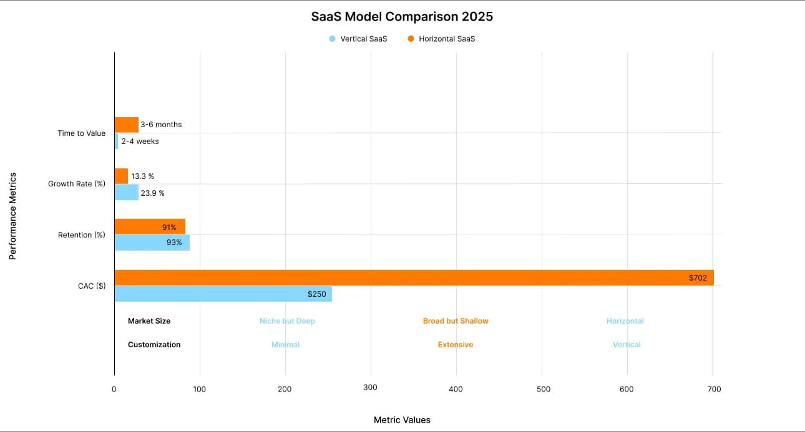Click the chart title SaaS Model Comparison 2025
402,17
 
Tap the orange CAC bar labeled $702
413,278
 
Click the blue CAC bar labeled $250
223,294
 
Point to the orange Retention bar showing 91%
150,227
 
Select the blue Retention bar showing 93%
152,242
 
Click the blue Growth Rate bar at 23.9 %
126,193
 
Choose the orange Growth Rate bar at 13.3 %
121,176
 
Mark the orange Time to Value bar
126,125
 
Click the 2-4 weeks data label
140,142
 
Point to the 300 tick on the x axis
371,388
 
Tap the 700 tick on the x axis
715,389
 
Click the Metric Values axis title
402,420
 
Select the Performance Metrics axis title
12,216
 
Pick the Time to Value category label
81,133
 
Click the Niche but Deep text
287,321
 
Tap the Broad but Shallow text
456,321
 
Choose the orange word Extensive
456,345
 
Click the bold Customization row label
154,345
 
